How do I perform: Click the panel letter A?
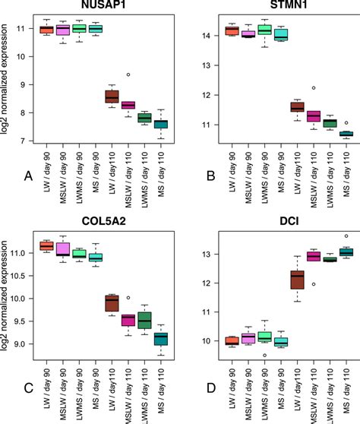[x=28, y=177]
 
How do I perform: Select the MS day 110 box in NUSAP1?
[x=161, y=125]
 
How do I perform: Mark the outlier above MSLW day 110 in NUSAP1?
[x=128, y=74]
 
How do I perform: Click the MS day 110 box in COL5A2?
[x=161, y=338]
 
